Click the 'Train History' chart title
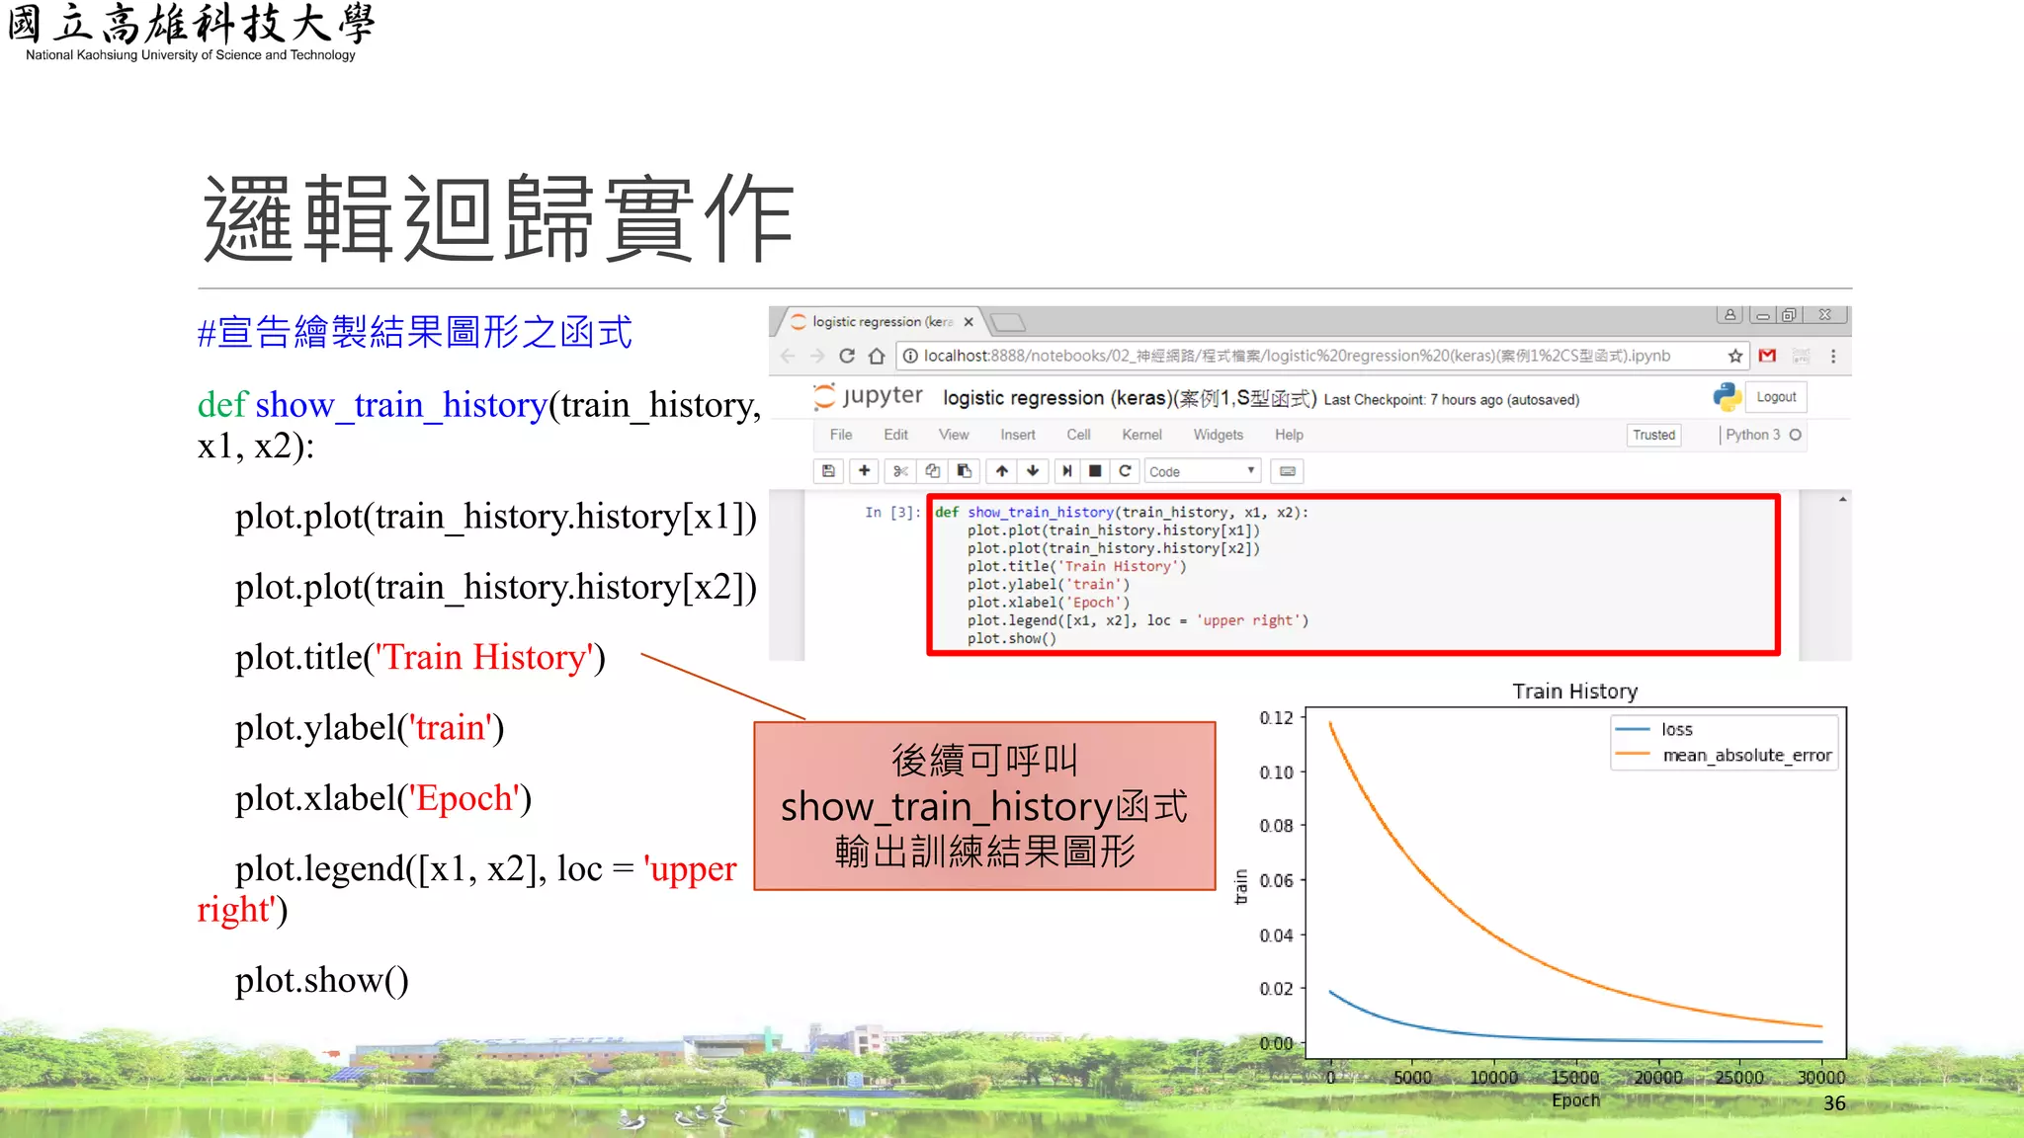coord(1574,691)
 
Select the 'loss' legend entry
coord(1676,730)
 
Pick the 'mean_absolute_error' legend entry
coord(1746,756)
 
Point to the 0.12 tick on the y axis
coord(1276,718)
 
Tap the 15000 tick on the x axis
coord(1574,1078)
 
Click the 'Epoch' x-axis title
coord(1574,1100)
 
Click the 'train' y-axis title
coord(1241,886)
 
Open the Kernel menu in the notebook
coord(1141,435)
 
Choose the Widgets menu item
coord(1218,435)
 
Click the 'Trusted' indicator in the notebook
coord(1653,435)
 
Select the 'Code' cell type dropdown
coord(1202,472)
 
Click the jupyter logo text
coord(882,396)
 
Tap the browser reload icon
coord(847,356)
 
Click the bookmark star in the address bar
coord(1735,356)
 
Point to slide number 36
coord(1834,1103)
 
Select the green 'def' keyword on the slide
coord(221,405)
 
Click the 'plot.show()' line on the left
coord(321,980)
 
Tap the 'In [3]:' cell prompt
coord(891,513)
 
